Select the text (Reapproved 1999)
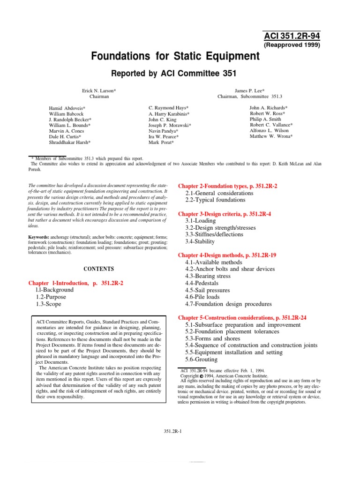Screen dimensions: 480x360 coord(293,45)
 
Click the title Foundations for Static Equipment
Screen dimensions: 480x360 coord(175,56)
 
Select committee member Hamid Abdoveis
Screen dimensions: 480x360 coord(67,108)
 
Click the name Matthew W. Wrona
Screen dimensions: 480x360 coord(271,136)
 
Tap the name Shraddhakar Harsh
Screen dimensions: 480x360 coord(70,142)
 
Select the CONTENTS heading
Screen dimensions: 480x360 coord(98,269)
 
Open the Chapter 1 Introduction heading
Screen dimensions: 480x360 coord(76,283)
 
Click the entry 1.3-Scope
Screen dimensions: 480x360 coord(48,304)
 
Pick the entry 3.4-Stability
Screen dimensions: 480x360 coord(200,241)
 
